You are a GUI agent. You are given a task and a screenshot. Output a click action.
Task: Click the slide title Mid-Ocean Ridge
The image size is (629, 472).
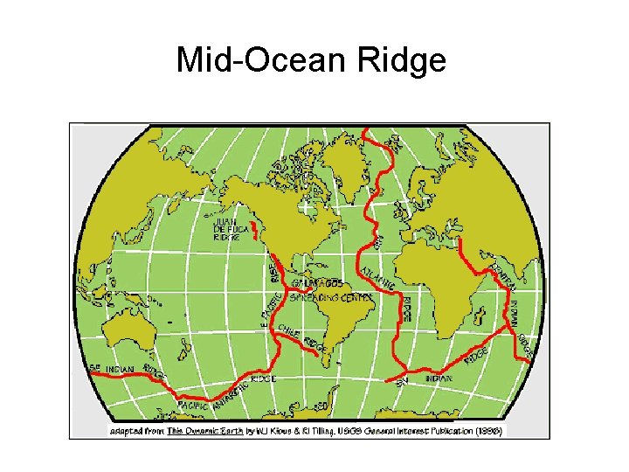(x=311, y=60)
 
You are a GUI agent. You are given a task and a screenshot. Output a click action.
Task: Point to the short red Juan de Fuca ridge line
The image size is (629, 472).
(x=255, y=231)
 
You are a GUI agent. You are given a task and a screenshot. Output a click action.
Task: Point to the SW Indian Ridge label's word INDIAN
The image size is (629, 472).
(x=439, y=378)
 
